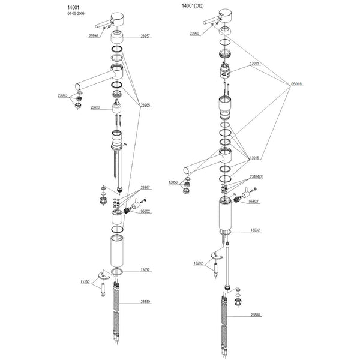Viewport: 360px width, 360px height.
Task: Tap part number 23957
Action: (x=145, y=37)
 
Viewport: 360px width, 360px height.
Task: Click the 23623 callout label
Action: (x=95, y=108)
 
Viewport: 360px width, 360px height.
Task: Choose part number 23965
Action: (x=145, y=106)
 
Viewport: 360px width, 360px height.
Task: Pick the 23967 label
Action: (x=145, y=188)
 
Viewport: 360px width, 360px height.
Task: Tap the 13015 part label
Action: (x=254, y=159)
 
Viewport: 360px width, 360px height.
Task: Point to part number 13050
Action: (x=173, y=182)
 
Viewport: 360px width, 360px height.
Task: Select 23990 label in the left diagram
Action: (x=94, y=37)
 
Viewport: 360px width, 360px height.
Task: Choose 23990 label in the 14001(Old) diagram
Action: (x=194, y=34)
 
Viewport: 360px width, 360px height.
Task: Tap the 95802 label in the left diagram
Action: (x=145, y=211)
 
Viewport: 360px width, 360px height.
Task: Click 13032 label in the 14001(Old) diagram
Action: (x=254, y=230)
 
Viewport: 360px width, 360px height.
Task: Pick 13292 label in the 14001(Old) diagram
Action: (x=199, y=263)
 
